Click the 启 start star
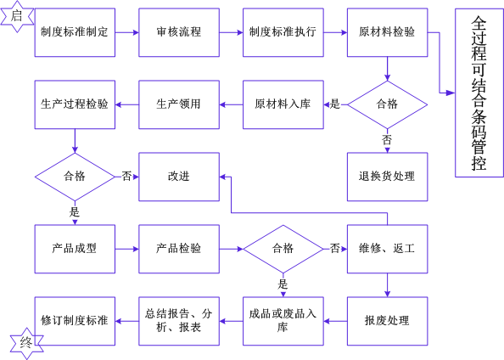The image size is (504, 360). [17, 17]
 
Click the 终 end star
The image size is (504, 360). [26, 344]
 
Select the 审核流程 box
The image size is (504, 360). [179, 32]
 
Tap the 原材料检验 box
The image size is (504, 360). [387, 32]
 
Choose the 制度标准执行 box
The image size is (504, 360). [283, 32]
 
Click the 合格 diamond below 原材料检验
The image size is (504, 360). [387, 104]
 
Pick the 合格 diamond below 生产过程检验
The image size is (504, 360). [75, 177]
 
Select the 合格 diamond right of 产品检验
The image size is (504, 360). [283, 249]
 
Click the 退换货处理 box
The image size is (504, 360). [387, 177]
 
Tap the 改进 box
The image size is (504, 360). [179, 177]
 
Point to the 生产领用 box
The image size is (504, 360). [179, 104]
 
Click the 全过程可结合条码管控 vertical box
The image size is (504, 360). [479, 93]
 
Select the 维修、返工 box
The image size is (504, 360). [387, 249]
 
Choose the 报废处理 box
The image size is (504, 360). [387, 321]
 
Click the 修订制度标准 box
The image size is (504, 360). [75, 321]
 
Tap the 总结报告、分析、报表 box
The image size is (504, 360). [179, 321]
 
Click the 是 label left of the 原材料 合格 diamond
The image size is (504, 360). [334, 104]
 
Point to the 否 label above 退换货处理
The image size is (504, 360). [387, 140]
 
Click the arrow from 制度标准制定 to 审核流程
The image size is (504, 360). [127, 32]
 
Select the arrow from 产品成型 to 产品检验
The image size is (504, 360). [127, 249]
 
